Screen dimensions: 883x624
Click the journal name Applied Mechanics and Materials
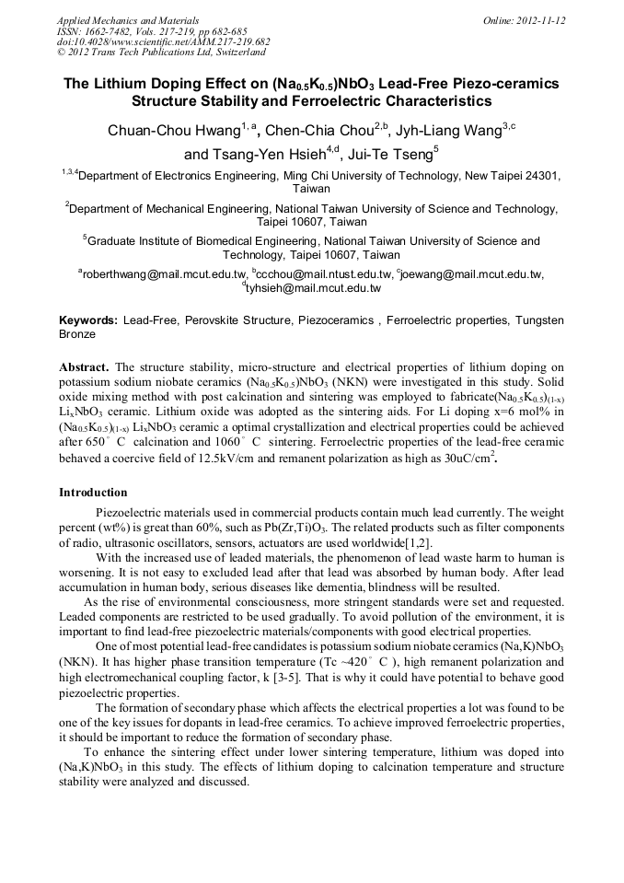(115, 19)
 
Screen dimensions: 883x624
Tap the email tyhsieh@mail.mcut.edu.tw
(313, 288)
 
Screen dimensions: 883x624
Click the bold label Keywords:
(88, 320)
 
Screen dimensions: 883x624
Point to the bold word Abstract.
(86, 366)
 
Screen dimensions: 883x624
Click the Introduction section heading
(93, 493)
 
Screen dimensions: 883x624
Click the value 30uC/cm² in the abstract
(469, 457)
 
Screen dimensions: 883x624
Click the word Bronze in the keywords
(76, 335)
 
